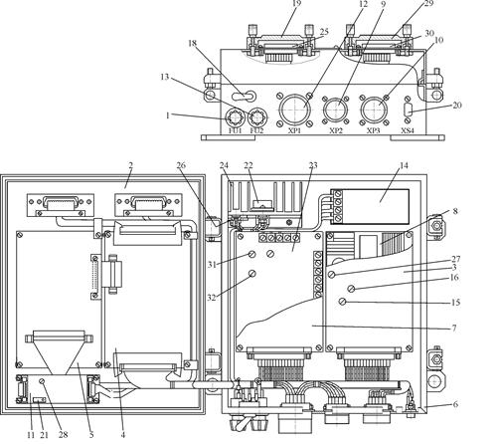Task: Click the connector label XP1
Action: tap(294, 130)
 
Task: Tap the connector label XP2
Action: tap(336, 130)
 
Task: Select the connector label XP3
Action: tap(374, 130)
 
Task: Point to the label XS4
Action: tap(408, 130)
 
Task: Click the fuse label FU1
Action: tap(236, 130)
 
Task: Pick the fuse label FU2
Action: tap(256, 130)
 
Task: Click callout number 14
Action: tap(404, 165)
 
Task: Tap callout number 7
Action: tap(454, 328)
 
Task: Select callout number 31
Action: tap(212, 265)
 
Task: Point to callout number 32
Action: tap(212, 298)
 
